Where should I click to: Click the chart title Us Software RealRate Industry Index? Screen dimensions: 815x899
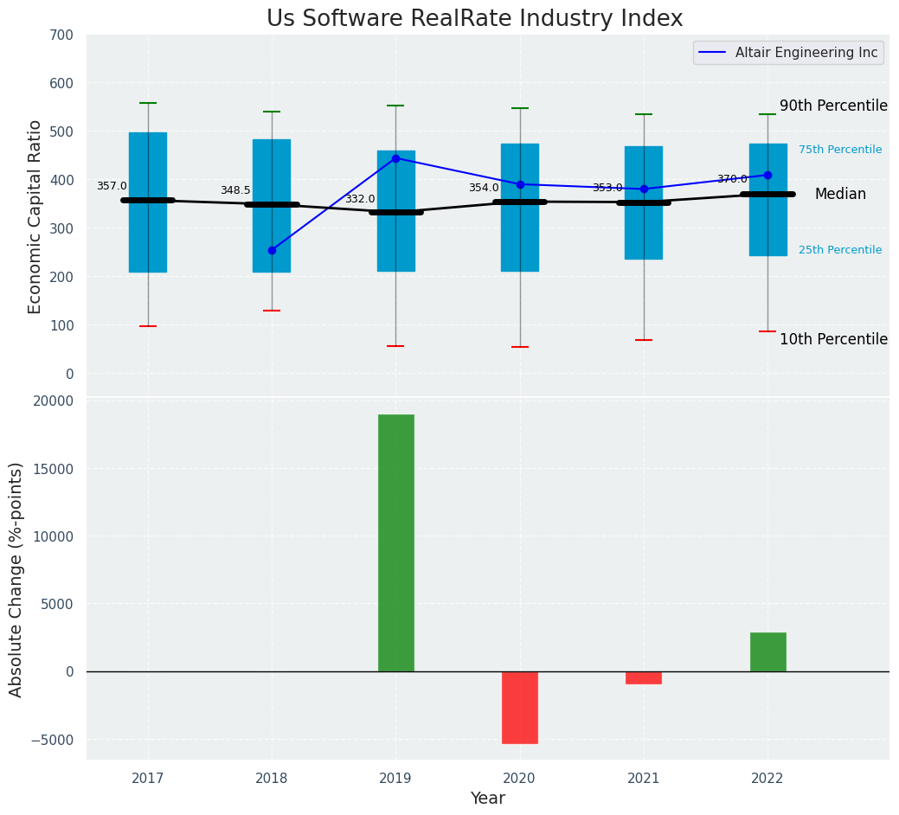[474, 19]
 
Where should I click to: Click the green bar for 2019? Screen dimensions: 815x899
[395, 542]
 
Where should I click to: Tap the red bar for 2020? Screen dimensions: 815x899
[519, 707]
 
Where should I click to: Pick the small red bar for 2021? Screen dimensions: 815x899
[644, 677]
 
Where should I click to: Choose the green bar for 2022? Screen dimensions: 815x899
[767, 651]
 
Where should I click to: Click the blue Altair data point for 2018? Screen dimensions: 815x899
[272, 250]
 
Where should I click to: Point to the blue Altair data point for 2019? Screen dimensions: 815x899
[395, 158]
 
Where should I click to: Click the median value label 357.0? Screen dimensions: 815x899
[112, 186]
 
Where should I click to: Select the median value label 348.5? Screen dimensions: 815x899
[235, 190]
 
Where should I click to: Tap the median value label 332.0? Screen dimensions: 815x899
[360, 199]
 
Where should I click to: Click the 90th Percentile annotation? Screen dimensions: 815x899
[833, 106]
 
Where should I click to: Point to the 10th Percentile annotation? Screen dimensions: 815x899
[833, 339]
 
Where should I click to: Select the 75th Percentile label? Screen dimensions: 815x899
[839, 150]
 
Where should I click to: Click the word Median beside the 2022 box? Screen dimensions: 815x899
[840, 195]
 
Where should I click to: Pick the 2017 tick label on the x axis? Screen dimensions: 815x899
[148, 779]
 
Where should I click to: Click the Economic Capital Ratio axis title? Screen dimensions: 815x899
[35, 216]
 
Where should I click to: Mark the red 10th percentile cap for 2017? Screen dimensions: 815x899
[148, 326]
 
